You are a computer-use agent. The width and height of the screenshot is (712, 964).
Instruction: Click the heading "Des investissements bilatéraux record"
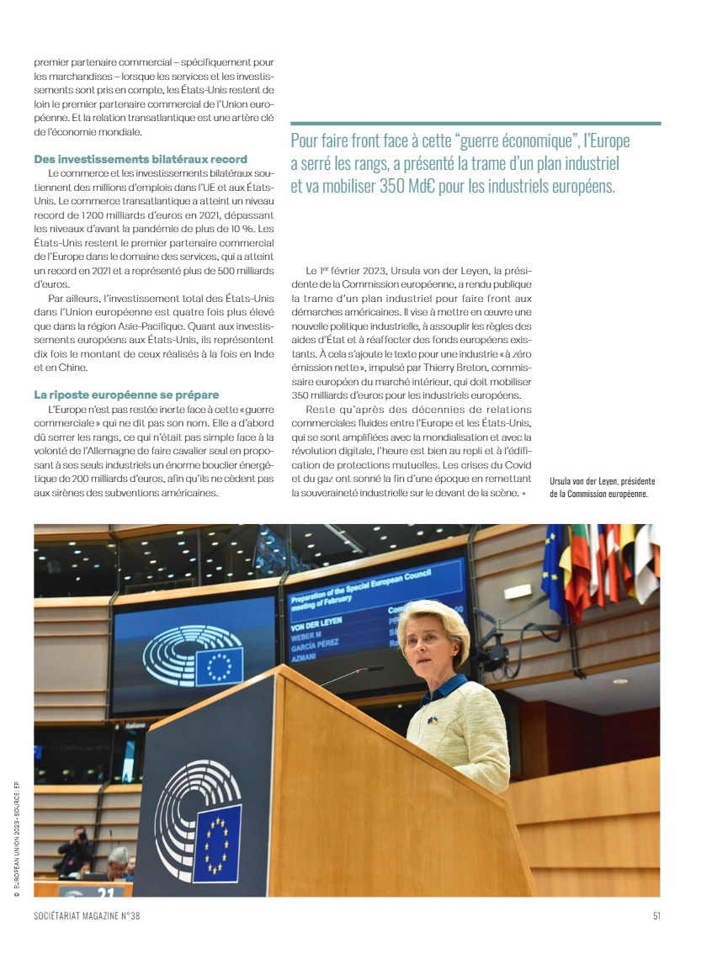tap(140, 159)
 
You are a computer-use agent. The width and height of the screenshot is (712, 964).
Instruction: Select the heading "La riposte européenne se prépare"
tap(126, 395)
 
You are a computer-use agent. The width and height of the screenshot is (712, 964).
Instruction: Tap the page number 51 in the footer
tap(656, 916)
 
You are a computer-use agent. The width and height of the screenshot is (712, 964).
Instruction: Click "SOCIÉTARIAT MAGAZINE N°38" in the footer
tap(87, 916)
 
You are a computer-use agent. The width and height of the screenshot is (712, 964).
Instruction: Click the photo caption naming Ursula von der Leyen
tap(602, 487)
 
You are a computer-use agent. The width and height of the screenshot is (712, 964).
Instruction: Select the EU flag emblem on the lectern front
tap(217, 841)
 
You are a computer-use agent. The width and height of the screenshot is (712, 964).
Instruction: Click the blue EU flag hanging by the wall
tap(555, 572)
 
